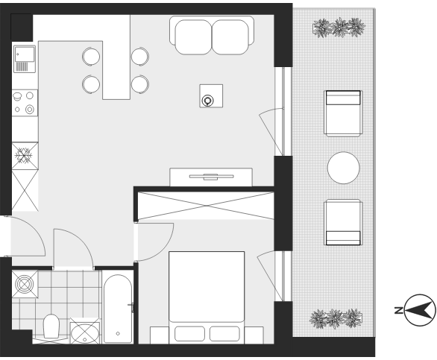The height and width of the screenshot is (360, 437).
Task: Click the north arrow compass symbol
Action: coord(421,310)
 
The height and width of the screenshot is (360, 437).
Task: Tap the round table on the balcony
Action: coord(343,168)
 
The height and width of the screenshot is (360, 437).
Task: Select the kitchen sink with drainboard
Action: coord(25,59)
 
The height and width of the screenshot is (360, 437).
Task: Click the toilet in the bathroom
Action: coord(51,326)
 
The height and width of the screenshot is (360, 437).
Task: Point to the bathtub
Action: coord(118,309)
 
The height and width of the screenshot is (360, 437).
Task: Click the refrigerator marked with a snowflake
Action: coord(25,156)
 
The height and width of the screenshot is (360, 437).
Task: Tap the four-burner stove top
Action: coord(25,103)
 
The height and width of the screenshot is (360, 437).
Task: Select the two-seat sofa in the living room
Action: coord(212,35)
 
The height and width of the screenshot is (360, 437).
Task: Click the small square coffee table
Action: coord(211,96)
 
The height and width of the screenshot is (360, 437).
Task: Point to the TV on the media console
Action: coord(211,177)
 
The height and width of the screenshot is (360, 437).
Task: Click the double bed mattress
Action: coord(207,297)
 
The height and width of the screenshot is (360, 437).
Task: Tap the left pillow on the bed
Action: coord(190,333)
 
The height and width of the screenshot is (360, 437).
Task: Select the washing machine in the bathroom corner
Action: coord(25,284)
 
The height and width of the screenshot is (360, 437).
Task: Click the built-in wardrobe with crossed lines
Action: coord(207,206)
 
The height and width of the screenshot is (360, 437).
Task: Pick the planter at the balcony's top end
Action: coord(339,28)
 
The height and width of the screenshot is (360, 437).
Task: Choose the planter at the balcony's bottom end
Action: coord(336,319)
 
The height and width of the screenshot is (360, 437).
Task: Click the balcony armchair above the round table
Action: coord(343,113)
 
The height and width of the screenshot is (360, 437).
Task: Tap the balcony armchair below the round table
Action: coord(343,222)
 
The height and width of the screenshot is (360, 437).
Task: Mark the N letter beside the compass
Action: coord(398,310)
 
